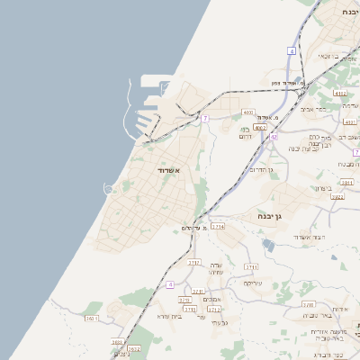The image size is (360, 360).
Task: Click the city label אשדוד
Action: coord(164,171)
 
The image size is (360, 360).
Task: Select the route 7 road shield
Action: coord(205,118)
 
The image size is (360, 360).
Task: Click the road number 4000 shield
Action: coord(248,112)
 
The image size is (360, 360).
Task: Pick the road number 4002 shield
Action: coord(259,128)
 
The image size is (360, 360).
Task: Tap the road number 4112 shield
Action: coord(339,93)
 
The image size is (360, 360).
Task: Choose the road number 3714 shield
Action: coord(218,228)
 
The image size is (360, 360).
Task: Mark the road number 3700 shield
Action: coord(308,305)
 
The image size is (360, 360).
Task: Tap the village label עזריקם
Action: coord(253,283)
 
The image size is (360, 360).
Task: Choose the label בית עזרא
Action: coord(169,316)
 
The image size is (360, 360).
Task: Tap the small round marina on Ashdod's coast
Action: coord(110,188)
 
